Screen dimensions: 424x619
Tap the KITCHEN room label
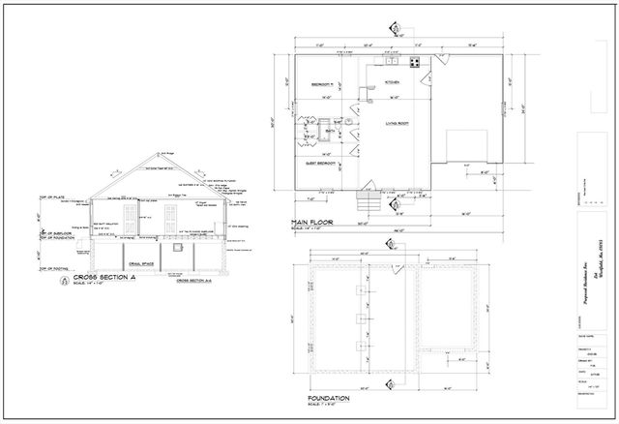(392, 82)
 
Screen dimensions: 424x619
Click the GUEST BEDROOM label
(319, 164)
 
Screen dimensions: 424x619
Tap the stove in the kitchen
(415, 64)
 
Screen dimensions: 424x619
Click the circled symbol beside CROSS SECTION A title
(65, 279)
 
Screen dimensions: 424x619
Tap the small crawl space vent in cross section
(176, 249)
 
